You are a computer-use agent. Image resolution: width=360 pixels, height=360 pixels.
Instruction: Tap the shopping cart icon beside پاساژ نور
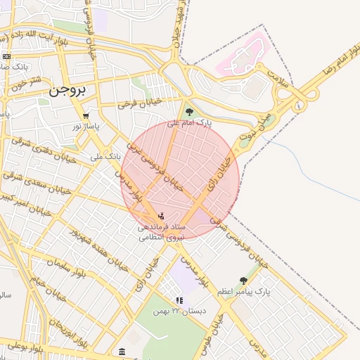click(x=86, y=117)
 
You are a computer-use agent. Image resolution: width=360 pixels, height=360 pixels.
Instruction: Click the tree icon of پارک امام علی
click(x=188, y=111)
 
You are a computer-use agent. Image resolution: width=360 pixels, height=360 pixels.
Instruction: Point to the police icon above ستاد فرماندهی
click(x=162, y=216)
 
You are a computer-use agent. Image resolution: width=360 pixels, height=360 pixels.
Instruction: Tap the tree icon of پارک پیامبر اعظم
click(x=243, y=281)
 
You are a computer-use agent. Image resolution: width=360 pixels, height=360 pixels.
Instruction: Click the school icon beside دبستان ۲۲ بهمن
click(x=180, y=300)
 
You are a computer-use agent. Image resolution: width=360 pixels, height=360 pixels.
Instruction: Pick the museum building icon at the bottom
click(x=122, y=351)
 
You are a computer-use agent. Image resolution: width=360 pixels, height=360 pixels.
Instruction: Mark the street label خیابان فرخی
click(x=139, y=103)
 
